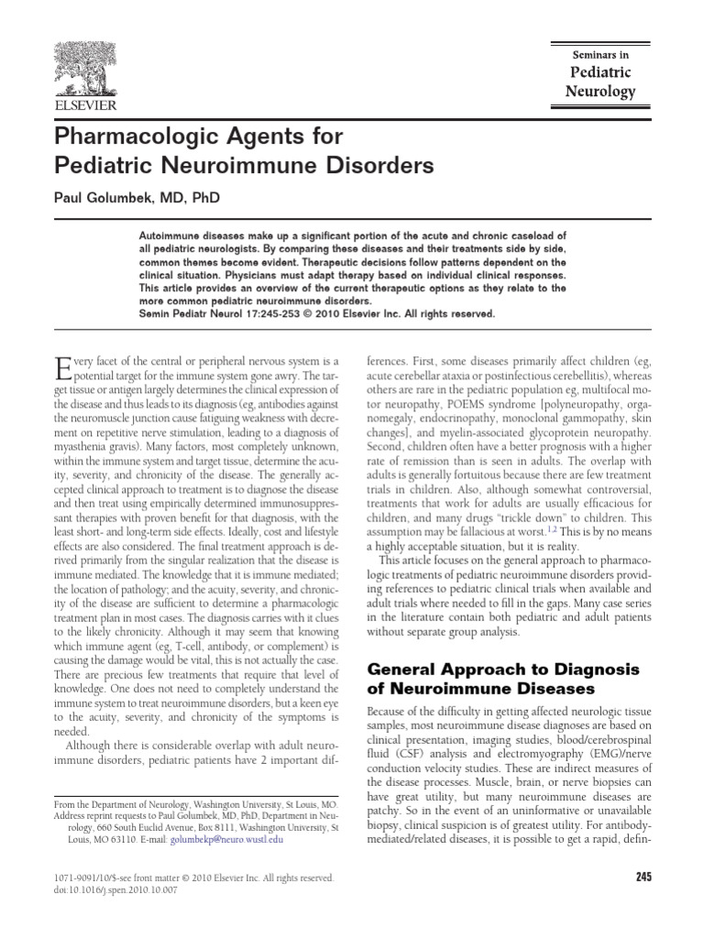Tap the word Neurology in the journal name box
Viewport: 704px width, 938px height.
coord(599,92)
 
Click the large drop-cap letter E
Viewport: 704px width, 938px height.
coord(63,370)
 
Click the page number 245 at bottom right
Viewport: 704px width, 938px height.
coord(642,877)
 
